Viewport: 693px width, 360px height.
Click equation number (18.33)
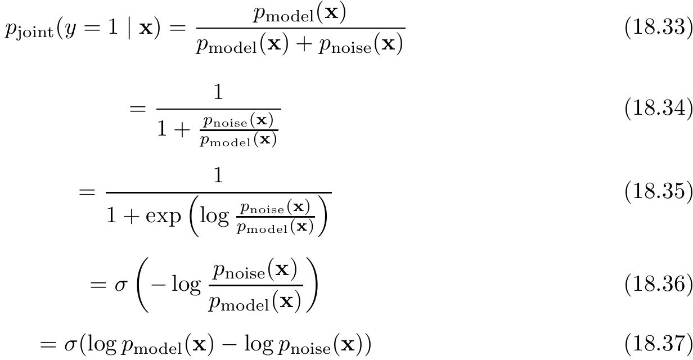[659, 28]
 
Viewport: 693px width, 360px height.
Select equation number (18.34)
[659, 109]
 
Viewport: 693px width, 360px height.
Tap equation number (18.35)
[659, 191]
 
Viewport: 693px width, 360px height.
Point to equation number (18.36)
[659, 283]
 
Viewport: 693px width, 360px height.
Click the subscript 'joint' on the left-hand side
[35, 32]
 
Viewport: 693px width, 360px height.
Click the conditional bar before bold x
[129, 28]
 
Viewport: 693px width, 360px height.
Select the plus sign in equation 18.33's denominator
[304, 44]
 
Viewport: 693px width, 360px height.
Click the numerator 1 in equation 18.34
[218, 92]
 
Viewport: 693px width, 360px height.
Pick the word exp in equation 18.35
[163, 216]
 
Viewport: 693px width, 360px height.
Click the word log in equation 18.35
[214, 215]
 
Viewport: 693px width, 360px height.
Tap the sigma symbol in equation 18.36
[121, 285]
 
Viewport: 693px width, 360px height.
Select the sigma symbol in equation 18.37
[70, 345]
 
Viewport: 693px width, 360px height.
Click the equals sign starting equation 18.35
[87, 192]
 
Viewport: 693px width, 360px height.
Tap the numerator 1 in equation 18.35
[218, 175]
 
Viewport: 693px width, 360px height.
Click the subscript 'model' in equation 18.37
[159, 349]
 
